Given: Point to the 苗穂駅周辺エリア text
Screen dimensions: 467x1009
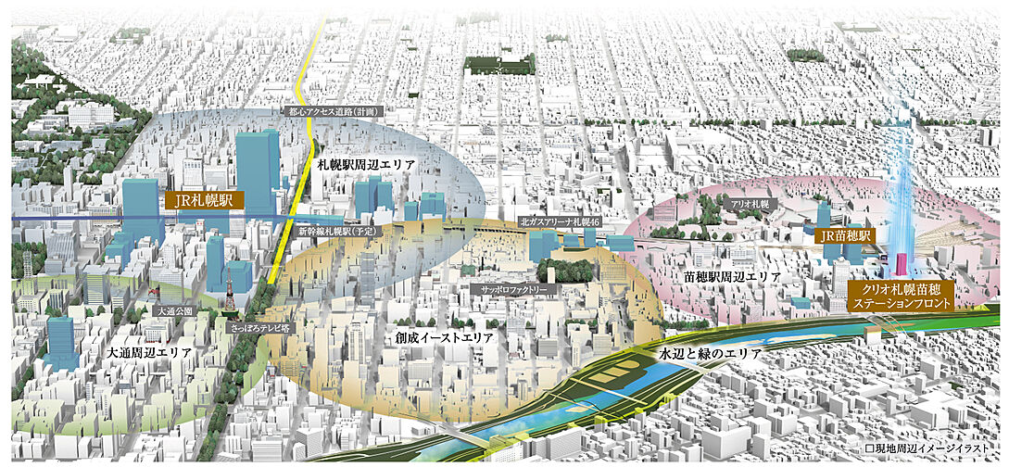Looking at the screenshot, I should pyautogui.click(x=737, y=277).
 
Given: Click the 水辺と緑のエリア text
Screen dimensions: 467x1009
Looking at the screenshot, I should pyautogui.click(x=710, y=354).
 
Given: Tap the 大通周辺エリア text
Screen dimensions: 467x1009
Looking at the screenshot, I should pyautogui.click(x=149, y=353).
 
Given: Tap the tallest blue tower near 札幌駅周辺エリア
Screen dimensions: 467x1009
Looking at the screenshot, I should pyautogui.click(x=257, y=171).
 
